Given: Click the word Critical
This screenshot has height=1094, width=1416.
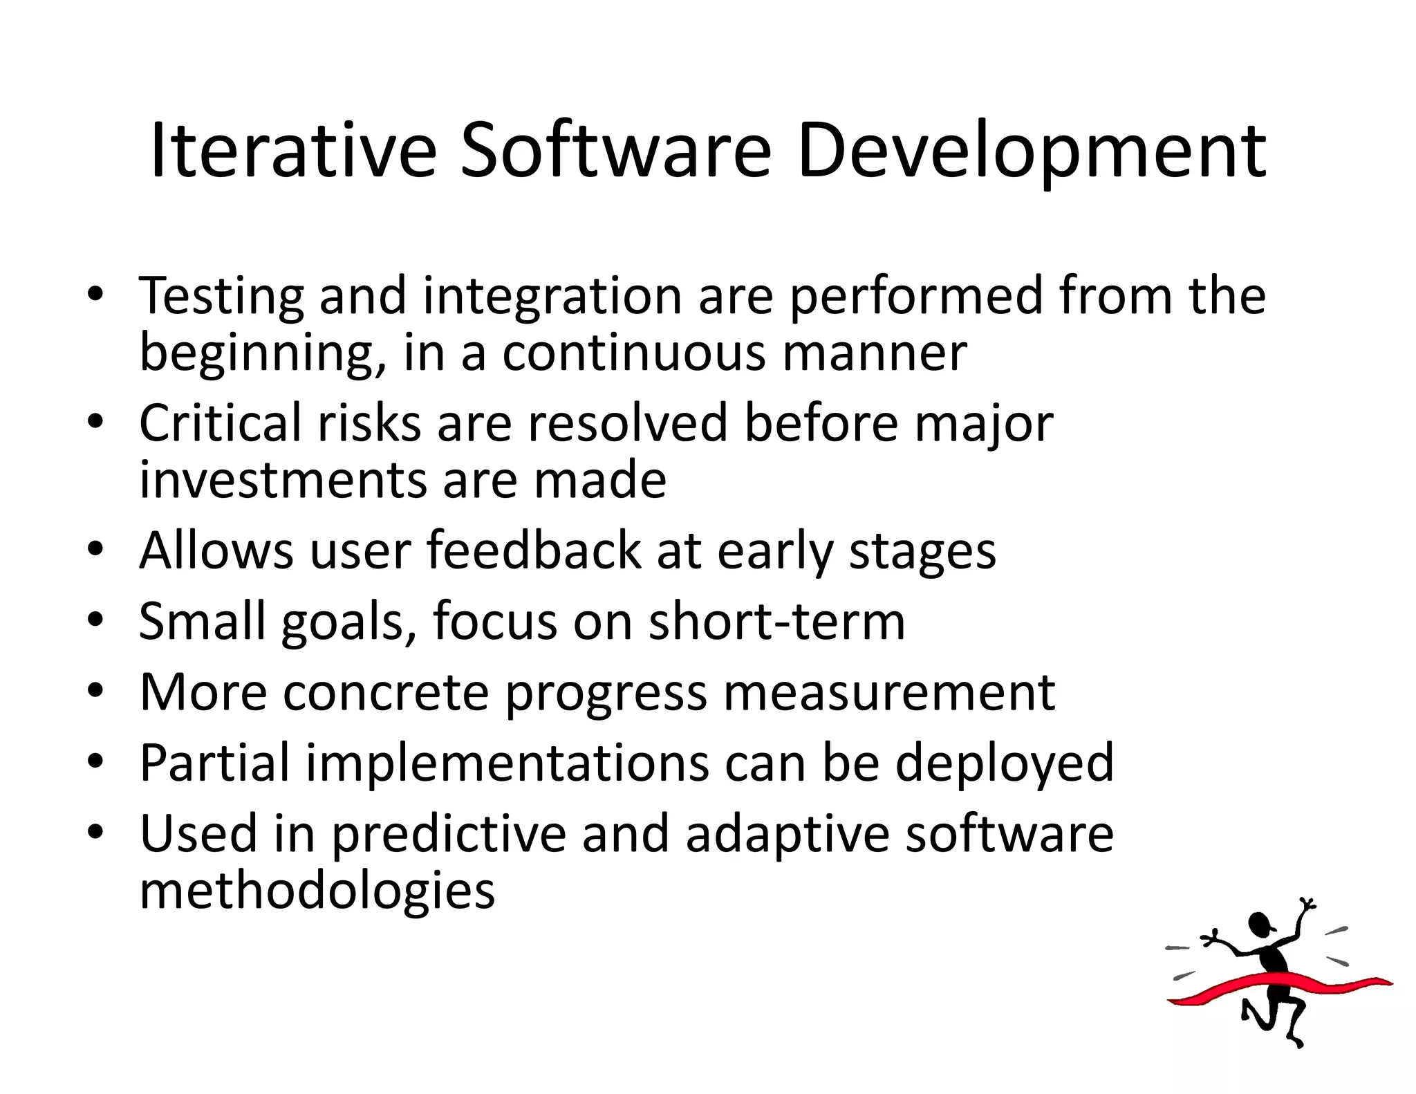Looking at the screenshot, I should [x=220, y=423].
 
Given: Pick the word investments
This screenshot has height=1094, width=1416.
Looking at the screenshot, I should [x=283, y=480].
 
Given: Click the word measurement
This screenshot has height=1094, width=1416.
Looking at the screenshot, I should [x=889, y=693].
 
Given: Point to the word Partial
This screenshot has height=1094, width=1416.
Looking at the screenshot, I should [x=214, y=762].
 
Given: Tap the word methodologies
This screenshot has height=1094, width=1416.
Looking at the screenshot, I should [x=317, y=892].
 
